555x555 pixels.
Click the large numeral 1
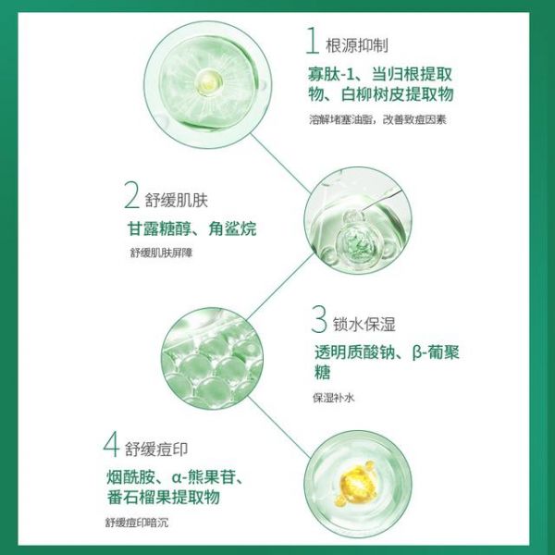point(313,41)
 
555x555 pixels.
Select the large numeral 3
point(318,319)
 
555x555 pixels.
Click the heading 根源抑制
point(357,45)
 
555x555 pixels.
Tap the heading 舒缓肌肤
point(177,201)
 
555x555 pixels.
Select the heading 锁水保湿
point(364,325)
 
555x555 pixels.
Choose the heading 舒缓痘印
point(155,449)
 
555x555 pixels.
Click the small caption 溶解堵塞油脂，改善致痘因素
point(377,119)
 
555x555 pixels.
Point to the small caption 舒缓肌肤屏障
point(161,253)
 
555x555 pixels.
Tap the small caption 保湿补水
point(333,398)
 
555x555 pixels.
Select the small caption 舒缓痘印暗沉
point(137,523)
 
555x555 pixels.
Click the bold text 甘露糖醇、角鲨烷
point(191,228)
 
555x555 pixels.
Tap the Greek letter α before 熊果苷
point(177,477)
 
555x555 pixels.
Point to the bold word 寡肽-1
point(330,75)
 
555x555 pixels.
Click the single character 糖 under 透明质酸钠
point(322,373)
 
